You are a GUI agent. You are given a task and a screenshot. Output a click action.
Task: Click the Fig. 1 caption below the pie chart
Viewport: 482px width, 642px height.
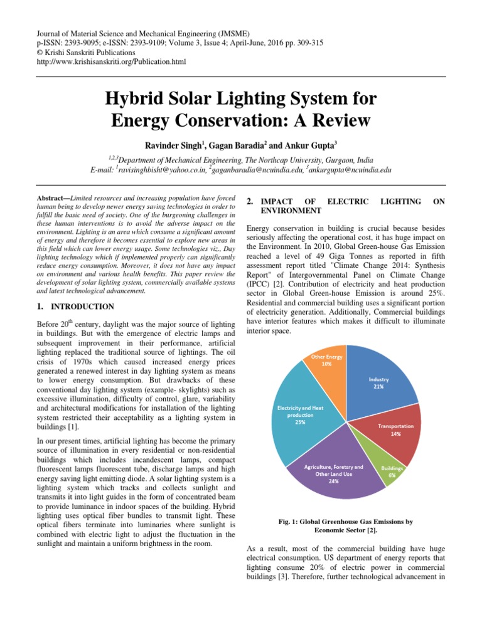(346, 525)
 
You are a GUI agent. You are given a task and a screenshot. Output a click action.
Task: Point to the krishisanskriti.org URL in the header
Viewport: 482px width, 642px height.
(112, 61)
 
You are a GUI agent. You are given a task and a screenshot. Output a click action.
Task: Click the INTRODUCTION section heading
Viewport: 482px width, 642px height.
(82, 307)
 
